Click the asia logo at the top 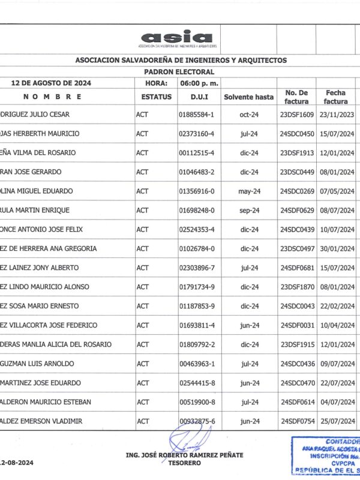(x=177, y=38)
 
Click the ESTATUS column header (x=156, y=97)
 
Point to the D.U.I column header (x=199, y=97)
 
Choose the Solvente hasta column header (x=248, y=97)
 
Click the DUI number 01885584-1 (x=196, y=114)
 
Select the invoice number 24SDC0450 (x=297, y=133)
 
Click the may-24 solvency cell (x=248, y=191)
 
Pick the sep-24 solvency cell (x=248, y=210)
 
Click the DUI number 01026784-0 (x=196, y=248)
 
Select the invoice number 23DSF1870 (x=297, y=287)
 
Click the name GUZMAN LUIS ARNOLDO (x=37, y=364)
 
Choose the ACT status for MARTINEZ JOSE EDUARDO (x=142, y=383)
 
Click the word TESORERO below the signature (x=184, y=463)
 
